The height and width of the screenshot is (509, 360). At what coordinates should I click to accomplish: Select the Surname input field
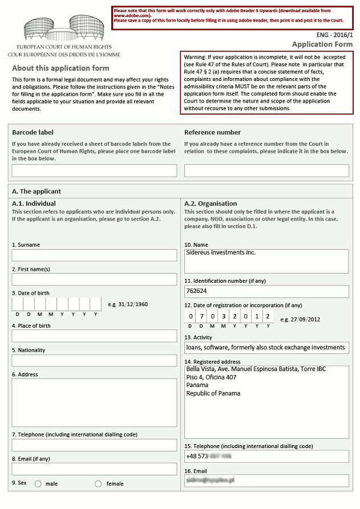click(x=94, y=255)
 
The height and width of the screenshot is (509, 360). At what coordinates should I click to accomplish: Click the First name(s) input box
click(x=94, y=279)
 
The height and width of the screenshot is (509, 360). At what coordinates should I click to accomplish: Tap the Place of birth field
click(x=94, y=336)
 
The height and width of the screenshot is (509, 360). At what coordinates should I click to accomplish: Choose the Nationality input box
click(x=94, y=360)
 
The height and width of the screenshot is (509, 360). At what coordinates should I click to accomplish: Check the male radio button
click(x=38, y=484)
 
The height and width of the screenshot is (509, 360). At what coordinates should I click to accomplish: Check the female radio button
click(x=98, y=484)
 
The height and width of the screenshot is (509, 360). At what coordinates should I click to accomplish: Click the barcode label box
click(x=94, y=170)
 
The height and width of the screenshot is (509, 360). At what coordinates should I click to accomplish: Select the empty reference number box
click(x=266, y=170)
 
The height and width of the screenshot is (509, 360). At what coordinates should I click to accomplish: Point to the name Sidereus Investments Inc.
click(x=221, y=253)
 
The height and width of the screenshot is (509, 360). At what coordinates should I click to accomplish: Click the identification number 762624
click(x=197, y=291)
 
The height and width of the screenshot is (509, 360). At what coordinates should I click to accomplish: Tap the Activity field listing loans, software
click(x=265, y=347)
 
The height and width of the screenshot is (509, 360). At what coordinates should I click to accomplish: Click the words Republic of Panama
click(x=213, y=393)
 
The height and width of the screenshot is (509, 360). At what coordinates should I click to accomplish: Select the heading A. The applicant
click(x=37, y=192)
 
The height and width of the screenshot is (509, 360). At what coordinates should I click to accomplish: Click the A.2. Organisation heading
click(x=211, y=203)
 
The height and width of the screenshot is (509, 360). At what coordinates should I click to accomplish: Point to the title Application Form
click(x=322, y=44)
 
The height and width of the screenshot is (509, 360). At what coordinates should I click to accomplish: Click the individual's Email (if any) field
click(x=94, y=469)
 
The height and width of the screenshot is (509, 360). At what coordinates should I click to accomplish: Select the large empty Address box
click(x=94, y=402)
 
